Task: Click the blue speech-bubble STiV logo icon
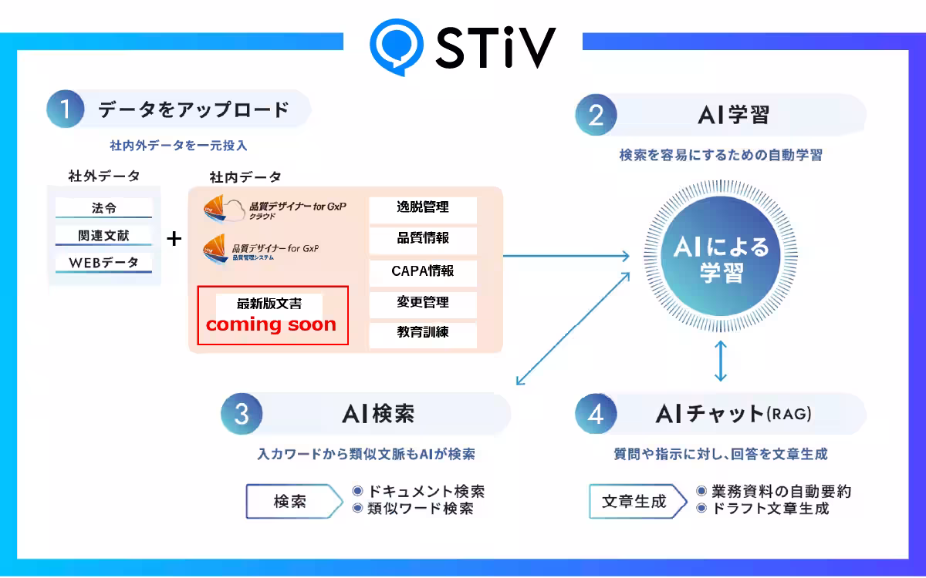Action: [x=396, y=47]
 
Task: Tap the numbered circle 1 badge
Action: [x=66, y=109]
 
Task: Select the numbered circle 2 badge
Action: [x=596, y=115]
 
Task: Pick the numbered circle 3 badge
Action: [x=242, y=414]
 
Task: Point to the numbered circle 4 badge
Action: [x=596, y=414]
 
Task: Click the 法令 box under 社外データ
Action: [x=103, y=207]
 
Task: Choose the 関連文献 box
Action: [x=103, y=235]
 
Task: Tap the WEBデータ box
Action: [x=103, y=263]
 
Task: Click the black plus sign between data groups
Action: [x=174, y=239]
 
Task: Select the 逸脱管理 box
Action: [x=423, y=210]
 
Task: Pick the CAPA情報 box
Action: [x=423, y=273]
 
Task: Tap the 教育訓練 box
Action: [x=423, y=334]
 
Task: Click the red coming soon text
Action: [x=271, y=324]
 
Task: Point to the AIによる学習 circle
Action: [x=721, y=256]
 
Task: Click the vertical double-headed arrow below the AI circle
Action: [x=721, y=361]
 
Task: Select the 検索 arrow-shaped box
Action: [x=294, y=501]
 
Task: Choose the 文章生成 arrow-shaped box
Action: [x=638, y=501]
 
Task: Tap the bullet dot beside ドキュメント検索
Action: [x=357, y=491]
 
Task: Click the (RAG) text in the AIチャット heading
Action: [x=789, y=414]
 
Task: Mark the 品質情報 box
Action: [x=423, y=240]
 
